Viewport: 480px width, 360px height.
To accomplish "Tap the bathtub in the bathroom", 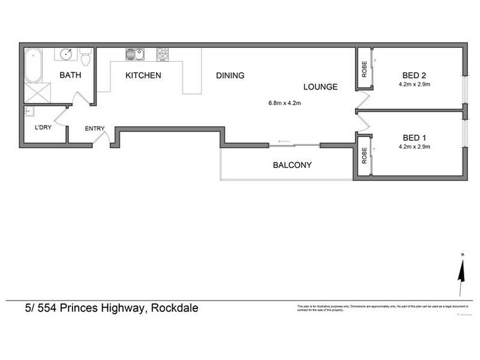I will coord(32,66).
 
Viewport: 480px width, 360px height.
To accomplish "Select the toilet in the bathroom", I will coord(85,58).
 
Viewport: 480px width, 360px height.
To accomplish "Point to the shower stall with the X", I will coord(37,93).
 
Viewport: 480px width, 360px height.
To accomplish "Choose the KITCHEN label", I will coord(143,76).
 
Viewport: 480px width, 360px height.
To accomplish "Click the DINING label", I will coord(230,76).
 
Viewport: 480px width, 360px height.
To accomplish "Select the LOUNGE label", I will coord(320,87).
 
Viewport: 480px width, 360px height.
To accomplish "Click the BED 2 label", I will coord(414,76).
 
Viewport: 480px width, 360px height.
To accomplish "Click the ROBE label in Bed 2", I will coord(364,70).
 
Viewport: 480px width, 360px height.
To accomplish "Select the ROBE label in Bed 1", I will coord(364,156).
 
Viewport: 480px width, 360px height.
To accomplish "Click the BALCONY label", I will coord(292,165).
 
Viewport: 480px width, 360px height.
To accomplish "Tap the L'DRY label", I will coord(43,128).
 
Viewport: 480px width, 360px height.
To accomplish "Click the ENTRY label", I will coord(95,128).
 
